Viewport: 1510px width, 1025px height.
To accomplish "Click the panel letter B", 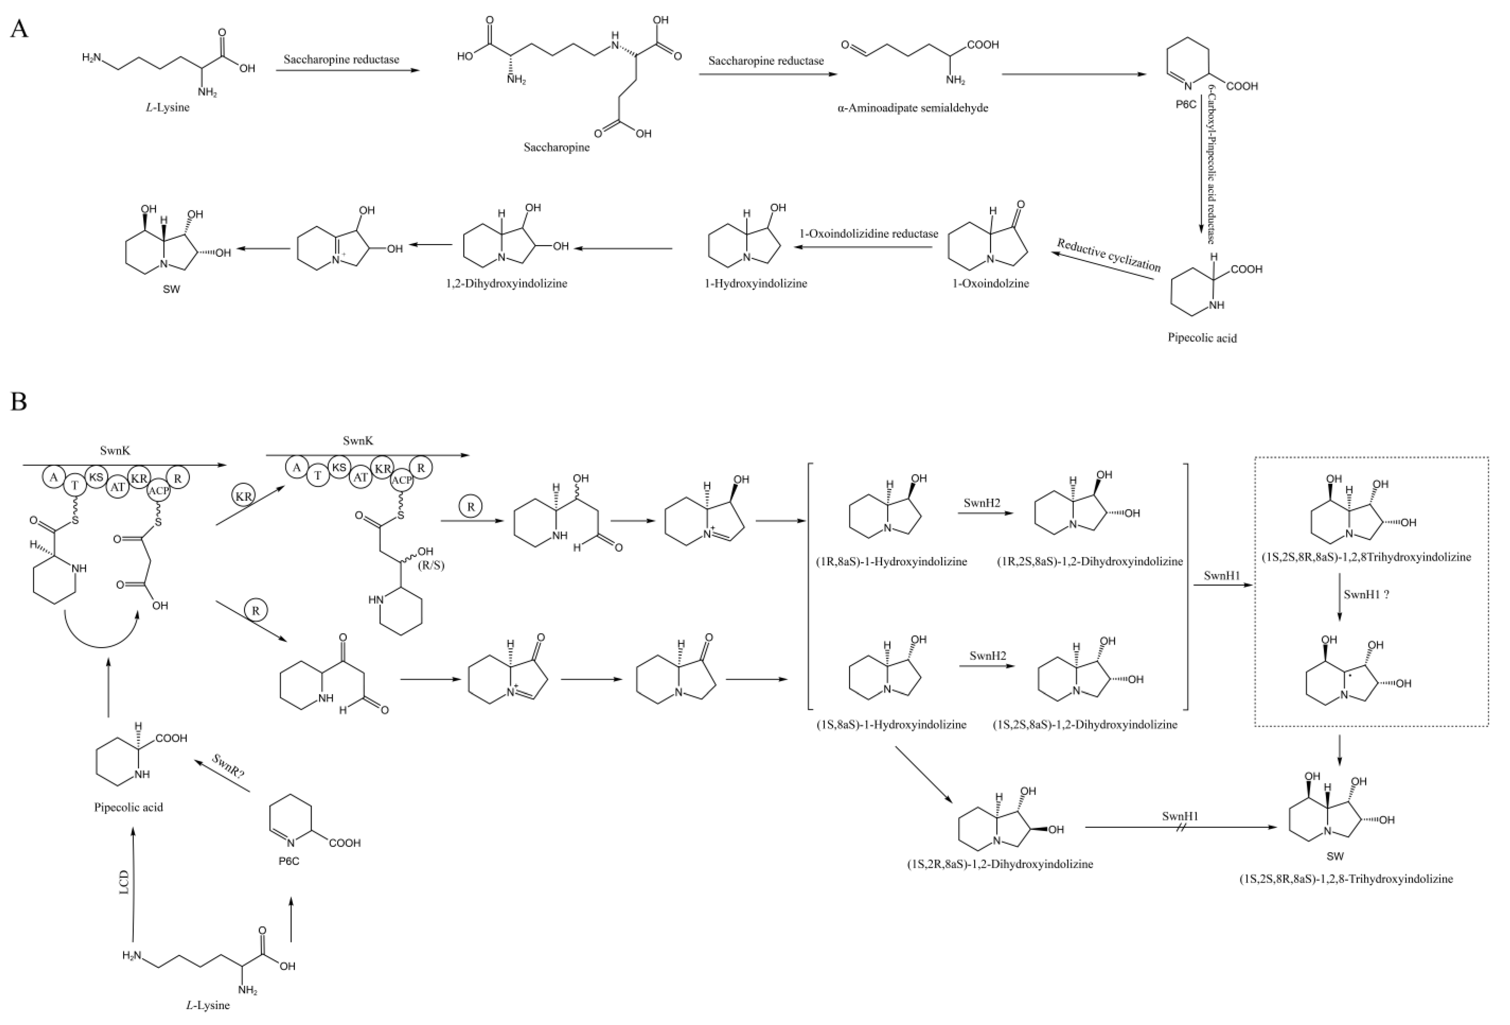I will (x=19, y=401).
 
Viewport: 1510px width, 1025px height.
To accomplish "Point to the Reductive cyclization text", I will (x=1109, y=255).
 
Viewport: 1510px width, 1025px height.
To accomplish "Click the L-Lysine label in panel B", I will (x=207, y=1005).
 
